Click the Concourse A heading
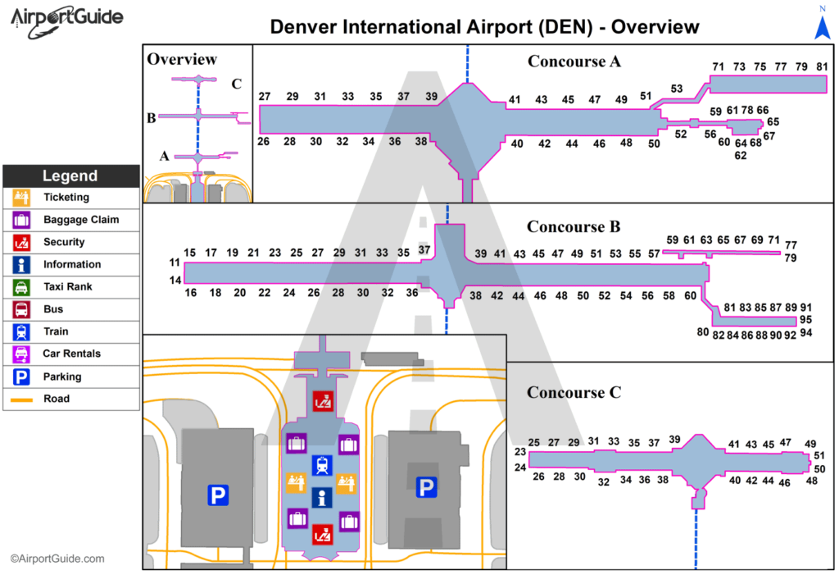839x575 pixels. [574, 62]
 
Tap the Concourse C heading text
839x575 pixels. [574, 393]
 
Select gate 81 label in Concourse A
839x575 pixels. [822, 66]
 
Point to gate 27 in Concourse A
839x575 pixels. [265, 97]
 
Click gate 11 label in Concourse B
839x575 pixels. [175, 263]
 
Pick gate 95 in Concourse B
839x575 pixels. [806, 320]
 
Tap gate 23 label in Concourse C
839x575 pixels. [519, 452]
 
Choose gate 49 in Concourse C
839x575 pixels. [810, 444]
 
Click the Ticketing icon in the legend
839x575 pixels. [20, 198]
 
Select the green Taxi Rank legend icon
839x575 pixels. [20, 287]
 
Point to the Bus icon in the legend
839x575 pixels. [20, 310]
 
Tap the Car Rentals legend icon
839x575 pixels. [20, 354]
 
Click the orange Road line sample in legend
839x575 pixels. [20, 399]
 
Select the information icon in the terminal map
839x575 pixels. [322, 497]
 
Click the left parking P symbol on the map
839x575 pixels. [217, 495]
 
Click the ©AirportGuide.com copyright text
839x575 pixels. [57, 559]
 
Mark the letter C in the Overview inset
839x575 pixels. [236, 84]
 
